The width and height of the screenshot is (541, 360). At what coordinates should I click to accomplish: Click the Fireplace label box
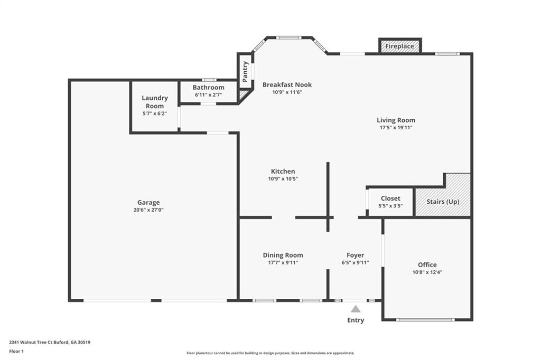pyautogui.click(x=400, y=46)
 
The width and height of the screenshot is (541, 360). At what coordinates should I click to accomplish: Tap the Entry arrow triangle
pyautogui.click(x=356, y=309)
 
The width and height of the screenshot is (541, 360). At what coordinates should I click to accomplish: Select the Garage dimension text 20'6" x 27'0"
pyautogui.click(x=148, y=210)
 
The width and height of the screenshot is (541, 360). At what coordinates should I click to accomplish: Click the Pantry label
pyautogui.click(x=245, y=72)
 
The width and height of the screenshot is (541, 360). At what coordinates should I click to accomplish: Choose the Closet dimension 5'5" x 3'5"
pyautogui.click(x=390, y=206)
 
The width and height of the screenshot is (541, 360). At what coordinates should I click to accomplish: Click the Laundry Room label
pyautogui.click(x=155, y=102)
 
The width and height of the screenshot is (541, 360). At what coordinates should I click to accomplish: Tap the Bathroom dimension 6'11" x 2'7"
pyautogui.click(x=208, y=95)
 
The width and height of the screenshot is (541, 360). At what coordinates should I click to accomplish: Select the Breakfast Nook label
pyautogui.click(x=287, y=84)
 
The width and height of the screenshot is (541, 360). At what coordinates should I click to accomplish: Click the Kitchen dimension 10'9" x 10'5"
pyautogui.click(x=283, y=178)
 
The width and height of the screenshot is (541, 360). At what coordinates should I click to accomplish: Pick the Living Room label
pyautogui.click(x=396, y=120)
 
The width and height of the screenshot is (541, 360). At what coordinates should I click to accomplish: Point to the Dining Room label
pyautogui.click(x=283, y=255)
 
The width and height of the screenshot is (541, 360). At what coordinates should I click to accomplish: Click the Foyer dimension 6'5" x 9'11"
pyautogui.click(x=356, y=262)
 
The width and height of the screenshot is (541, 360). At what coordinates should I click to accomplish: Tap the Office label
pyautogui.click(x=427, y=264)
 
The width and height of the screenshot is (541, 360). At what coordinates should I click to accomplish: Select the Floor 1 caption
pyautogui.click(x=16, y=352)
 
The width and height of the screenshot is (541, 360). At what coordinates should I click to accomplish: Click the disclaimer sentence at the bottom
pyautogui.click(x=270, y=353)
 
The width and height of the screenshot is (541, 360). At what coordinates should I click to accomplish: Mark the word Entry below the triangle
pyautogui.click(x=356, y=320)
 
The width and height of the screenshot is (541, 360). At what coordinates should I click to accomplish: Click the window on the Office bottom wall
pyautogui.click(x=425, y=320)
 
